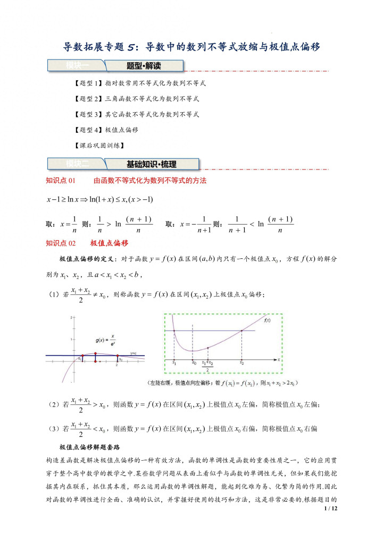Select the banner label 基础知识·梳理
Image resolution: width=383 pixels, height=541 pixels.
click(151, 164)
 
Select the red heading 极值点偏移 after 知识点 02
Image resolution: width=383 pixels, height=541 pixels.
click(110, 243)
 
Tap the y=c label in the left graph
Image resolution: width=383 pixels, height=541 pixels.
click(134, 352)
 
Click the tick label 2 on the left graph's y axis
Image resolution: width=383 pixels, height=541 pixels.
click(70, 317)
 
